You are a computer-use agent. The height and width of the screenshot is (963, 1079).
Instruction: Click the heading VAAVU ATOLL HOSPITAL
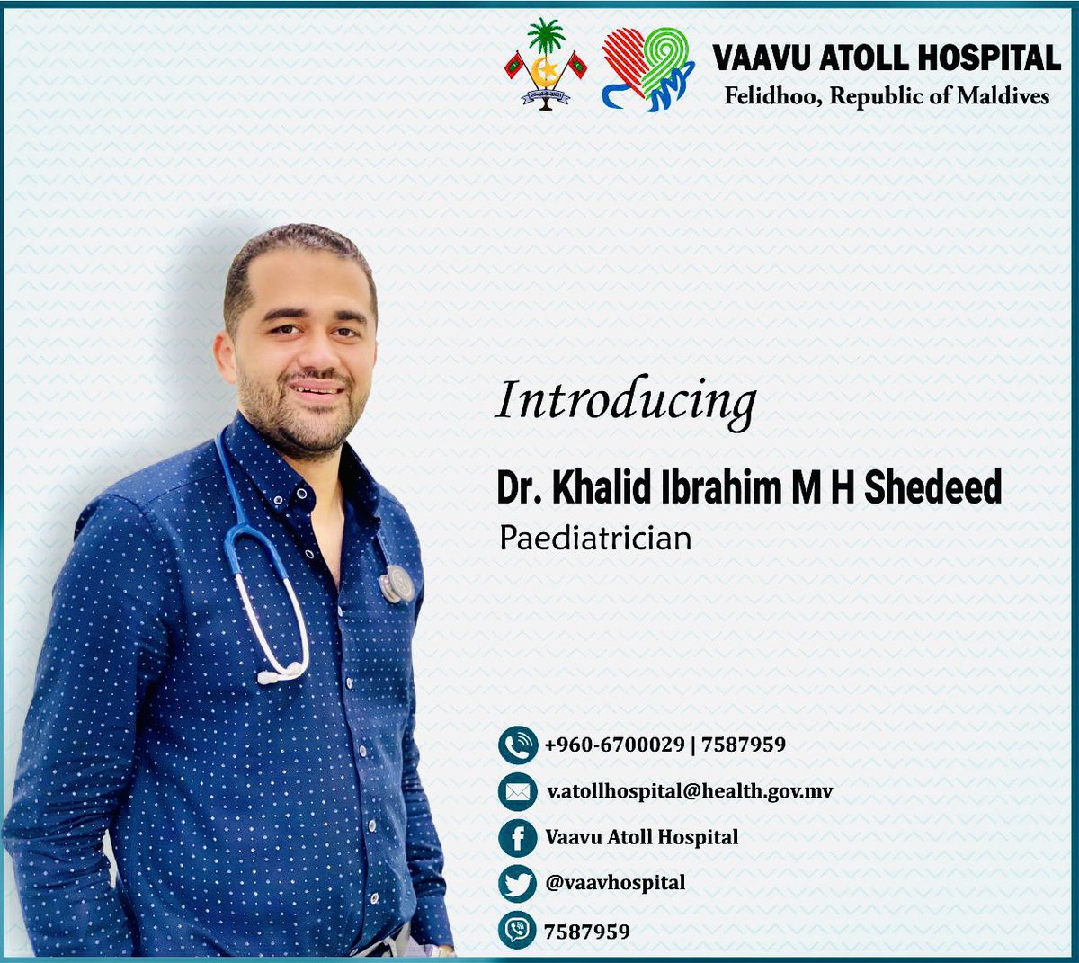(887, 58)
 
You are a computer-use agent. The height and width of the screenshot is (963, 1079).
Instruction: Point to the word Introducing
(626, 402)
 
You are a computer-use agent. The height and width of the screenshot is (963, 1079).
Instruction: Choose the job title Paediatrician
(595, 538)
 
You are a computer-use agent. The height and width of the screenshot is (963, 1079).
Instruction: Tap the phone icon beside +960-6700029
(517, 745)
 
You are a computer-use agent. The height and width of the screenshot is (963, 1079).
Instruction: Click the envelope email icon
(517, 792)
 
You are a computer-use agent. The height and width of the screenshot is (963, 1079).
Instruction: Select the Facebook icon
(517, 838)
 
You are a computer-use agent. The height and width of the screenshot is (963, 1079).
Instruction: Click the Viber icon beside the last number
(517, 931)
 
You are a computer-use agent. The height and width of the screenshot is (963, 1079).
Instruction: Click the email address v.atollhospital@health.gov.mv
(690, 791)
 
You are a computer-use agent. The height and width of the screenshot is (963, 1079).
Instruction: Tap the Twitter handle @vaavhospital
(615, 883)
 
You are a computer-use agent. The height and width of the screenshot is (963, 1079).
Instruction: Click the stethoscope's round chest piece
(397, 584)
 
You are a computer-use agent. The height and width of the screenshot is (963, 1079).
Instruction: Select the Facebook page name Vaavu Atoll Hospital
(641, 837)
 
